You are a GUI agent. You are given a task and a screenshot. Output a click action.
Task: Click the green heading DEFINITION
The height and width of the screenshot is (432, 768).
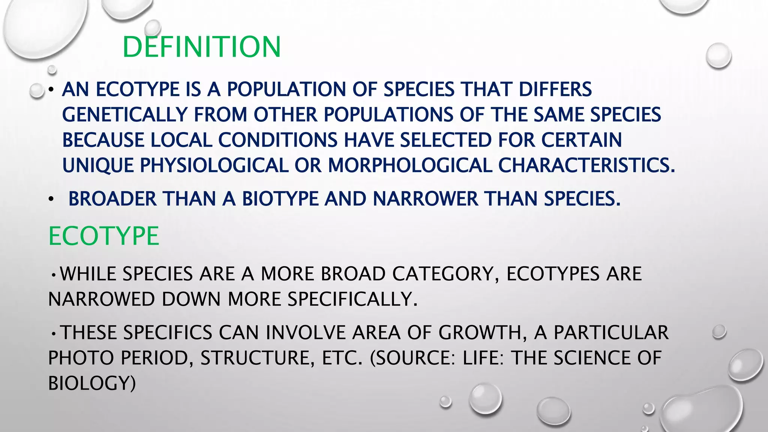(x=201, y=47)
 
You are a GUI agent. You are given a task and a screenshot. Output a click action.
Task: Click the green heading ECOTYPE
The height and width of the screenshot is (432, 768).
(x=103, y=236)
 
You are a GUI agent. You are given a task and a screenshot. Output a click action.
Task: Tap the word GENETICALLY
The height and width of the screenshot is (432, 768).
(x=124, y=115)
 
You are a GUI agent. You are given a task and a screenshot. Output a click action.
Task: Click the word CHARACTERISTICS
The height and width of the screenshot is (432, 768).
(x=586, y=165)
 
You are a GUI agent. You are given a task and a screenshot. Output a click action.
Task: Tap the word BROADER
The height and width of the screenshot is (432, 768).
(x=112, y=199)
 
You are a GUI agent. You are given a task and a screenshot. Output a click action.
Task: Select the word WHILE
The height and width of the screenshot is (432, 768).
(x=88, y=274)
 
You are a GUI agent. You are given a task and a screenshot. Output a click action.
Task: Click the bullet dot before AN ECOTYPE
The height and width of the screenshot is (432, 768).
(x=51, y=90)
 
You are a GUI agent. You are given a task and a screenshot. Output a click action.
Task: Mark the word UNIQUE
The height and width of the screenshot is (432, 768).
(x=98, y=165)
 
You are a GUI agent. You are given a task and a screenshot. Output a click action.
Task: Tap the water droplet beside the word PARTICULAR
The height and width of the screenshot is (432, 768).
(x=719, y=332)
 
